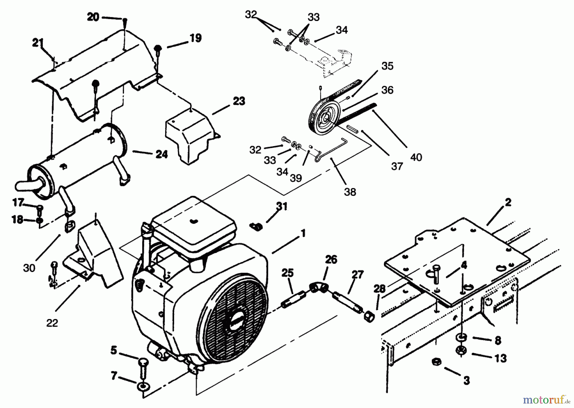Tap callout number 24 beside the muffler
(x=161, y=154)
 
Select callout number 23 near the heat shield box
(x=239, y=101)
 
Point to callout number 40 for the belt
(x=416, y=157)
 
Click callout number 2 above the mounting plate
(x=508, y=202)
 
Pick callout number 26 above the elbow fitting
(x=331, y=260)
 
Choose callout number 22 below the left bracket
(x=52, y=323)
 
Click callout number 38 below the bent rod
(x=350, y=192)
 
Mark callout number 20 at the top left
(x=93, y=17)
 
